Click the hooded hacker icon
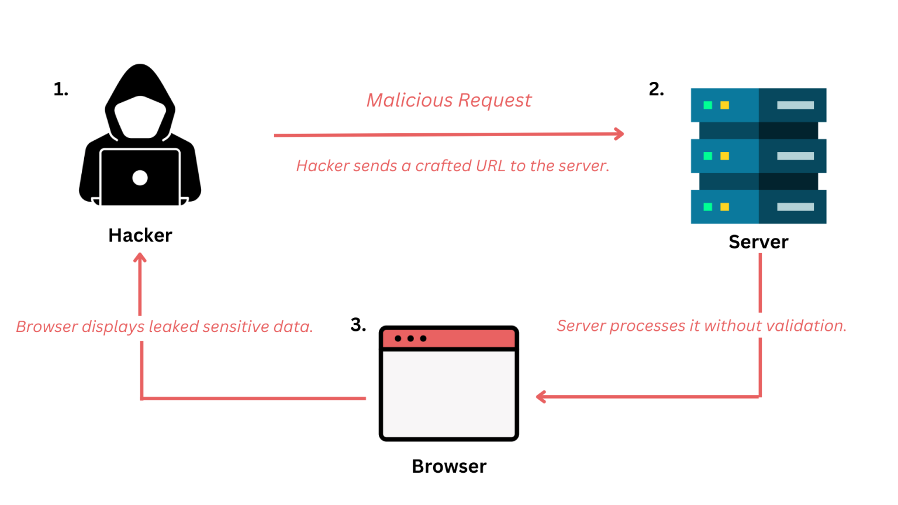click(x=140, y=134)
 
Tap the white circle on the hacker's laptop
click(x=140, y=178)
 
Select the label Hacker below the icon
click(x=140, y=235)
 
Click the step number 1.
click(x=61, y=89)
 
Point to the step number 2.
click(x=656, y=89)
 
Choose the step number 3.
click(x=358, y=325)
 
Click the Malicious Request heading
click(x=448, y=101)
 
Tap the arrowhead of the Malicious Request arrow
click(x=620, y=134)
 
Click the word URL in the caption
click(x=491, y=166)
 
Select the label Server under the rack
click(x=758, y=242)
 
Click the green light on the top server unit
click(x=707, y=105)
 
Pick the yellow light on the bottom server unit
click(x=725, y=207)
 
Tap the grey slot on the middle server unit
click(x=795, y=156)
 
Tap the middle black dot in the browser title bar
click(x=410, y=338)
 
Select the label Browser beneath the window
click(x=449, y=466)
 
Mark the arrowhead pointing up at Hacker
click(x=140, y=258)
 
